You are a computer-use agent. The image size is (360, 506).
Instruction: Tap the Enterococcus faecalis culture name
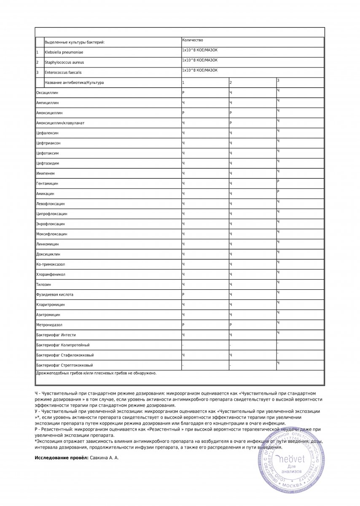61,73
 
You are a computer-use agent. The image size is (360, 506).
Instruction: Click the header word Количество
193,40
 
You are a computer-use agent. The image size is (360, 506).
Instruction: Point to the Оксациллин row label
48,92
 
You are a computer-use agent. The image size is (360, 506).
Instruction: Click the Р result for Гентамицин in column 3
278,181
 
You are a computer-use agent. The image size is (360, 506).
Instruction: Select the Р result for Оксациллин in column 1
183,92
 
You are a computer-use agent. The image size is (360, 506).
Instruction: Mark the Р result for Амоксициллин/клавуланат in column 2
231,123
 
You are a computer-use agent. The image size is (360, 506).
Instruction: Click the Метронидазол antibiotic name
49,325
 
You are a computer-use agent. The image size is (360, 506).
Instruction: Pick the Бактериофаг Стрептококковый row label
64,365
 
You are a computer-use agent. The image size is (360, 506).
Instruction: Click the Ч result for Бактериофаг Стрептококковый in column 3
278,363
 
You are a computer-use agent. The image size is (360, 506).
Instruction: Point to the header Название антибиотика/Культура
74,83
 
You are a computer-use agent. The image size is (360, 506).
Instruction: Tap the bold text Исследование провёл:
62,458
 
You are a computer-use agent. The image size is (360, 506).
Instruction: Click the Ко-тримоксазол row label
51,264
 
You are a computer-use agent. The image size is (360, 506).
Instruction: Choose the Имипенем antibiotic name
46,173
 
